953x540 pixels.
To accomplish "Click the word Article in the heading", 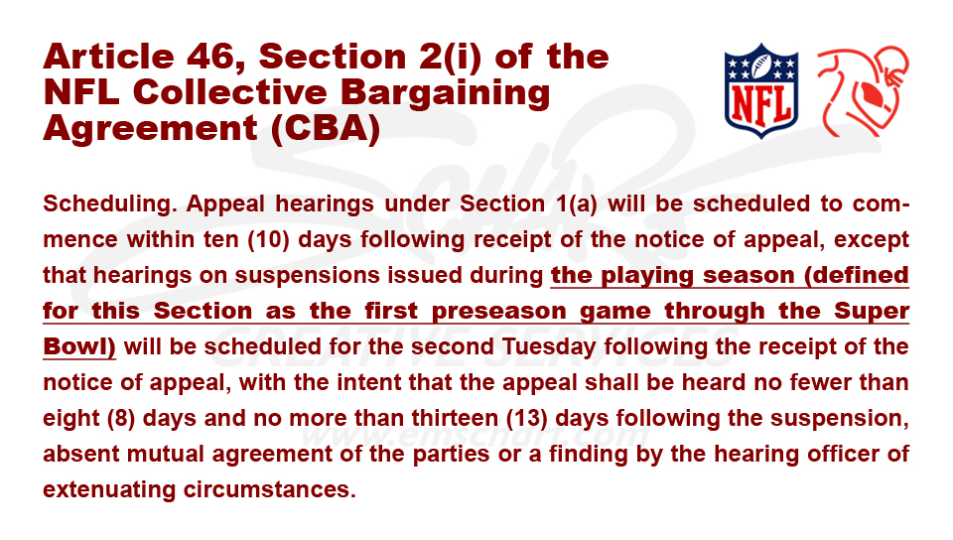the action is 109,57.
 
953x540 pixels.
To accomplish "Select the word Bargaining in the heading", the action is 445,93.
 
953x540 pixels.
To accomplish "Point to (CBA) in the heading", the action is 326,128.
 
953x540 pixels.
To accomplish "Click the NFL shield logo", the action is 761,91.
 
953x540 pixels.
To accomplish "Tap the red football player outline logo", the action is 863,91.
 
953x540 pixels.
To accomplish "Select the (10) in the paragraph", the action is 268,239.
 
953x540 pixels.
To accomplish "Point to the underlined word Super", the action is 872,311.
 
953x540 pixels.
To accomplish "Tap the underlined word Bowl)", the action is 79,346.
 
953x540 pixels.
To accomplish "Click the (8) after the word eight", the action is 120,419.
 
